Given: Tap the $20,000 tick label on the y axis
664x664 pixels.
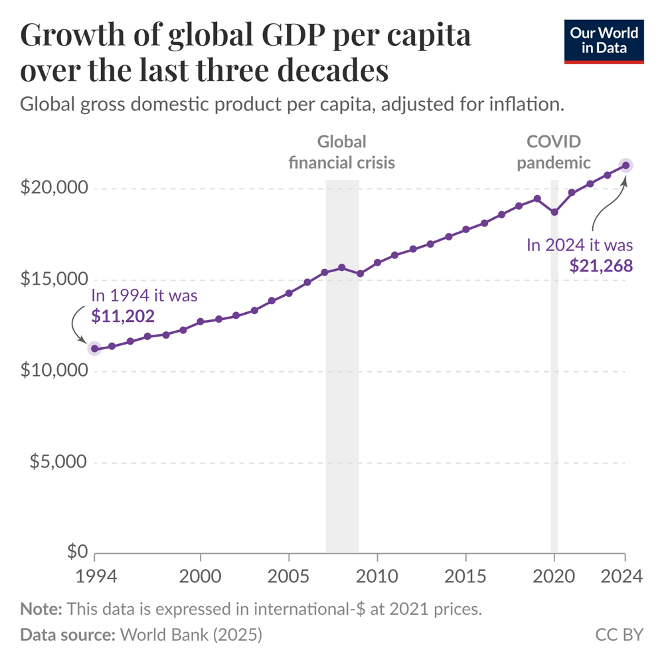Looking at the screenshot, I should click(54, 188).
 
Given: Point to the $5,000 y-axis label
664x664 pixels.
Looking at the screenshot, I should click(58, 461).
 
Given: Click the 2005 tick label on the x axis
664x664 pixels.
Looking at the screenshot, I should click(289, 576).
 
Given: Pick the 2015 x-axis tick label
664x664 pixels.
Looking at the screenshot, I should click(465, 576).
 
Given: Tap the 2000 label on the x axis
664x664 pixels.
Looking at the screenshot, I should click(201, 576).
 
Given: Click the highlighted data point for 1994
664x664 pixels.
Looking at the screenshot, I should click(95, 349).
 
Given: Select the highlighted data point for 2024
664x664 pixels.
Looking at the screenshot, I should click(625, 165).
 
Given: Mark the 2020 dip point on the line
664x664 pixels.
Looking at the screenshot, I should click(554, 212).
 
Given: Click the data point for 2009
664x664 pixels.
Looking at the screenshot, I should click(360, 274).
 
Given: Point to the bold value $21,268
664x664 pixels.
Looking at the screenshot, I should click(601, 266).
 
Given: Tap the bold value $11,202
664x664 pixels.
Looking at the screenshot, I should click(123, 317).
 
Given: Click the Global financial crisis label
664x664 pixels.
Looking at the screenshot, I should click(341, 152).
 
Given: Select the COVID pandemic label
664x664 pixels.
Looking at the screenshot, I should click(554, 152).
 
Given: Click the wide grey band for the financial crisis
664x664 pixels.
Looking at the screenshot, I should click(342, 398).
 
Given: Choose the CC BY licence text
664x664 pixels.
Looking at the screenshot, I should click(619, 635).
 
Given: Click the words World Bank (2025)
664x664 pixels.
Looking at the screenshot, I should click(191, 635).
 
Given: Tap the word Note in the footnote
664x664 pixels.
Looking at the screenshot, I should click(41, 608).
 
